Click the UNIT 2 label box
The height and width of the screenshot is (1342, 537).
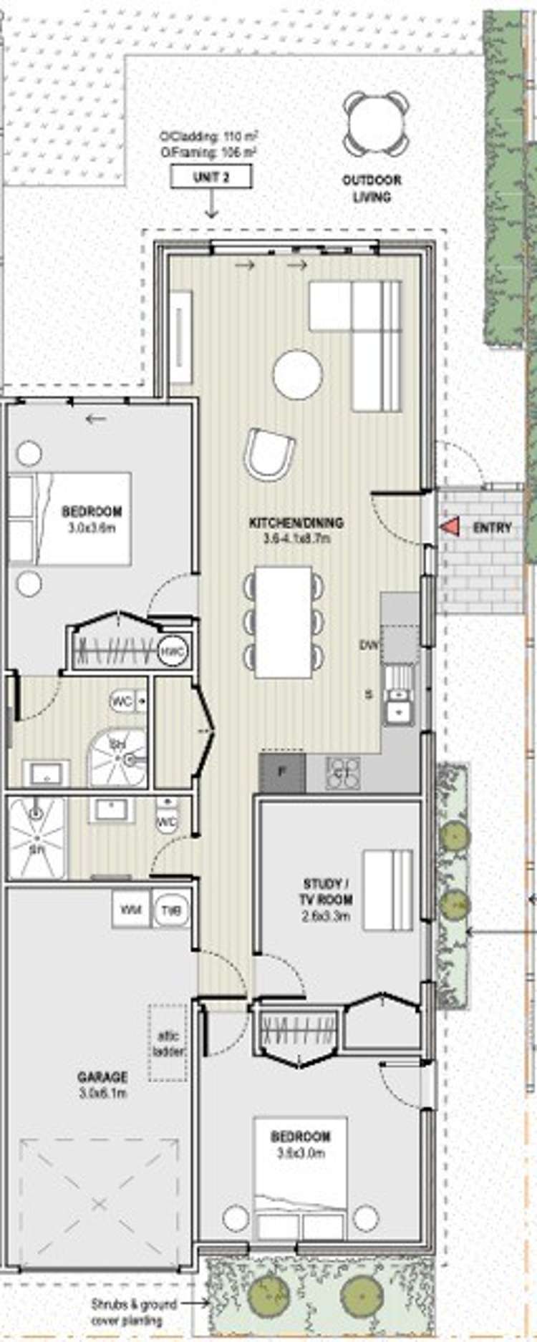pyautogui.click(x=211, y=177)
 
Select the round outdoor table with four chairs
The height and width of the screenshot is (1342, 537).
pyautogui.click(x=376, y=124)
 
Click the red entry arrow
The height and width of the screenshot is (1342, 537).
pyautogui.click(x=449, y=527)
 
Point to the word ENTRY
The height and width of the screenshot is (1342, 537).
pyautogui.click(x=492, y=528)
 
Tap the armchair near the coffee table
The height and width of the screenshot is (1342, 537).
pyautogui.click(x=269, y=454)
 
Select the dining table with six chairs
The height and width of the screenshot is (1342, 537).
pyautogui.click(x=284, y=622)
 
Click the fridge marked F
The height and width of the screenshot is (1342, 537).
pyautogui.click(x=282, y=772)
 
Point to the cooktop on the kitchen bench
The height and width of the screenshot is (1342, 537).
pyautogui.click(x=343, y=773)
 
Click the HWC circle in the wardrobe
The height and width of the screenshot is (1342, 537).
pyautogui.click(x=173, y=651)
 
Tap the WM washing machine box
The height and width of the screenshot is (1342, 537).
pyautogui.click(x=130, y=910)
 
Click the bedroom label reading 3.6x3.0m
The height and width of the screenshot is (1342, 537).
pyautogui.click(x=301, y=1144)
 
